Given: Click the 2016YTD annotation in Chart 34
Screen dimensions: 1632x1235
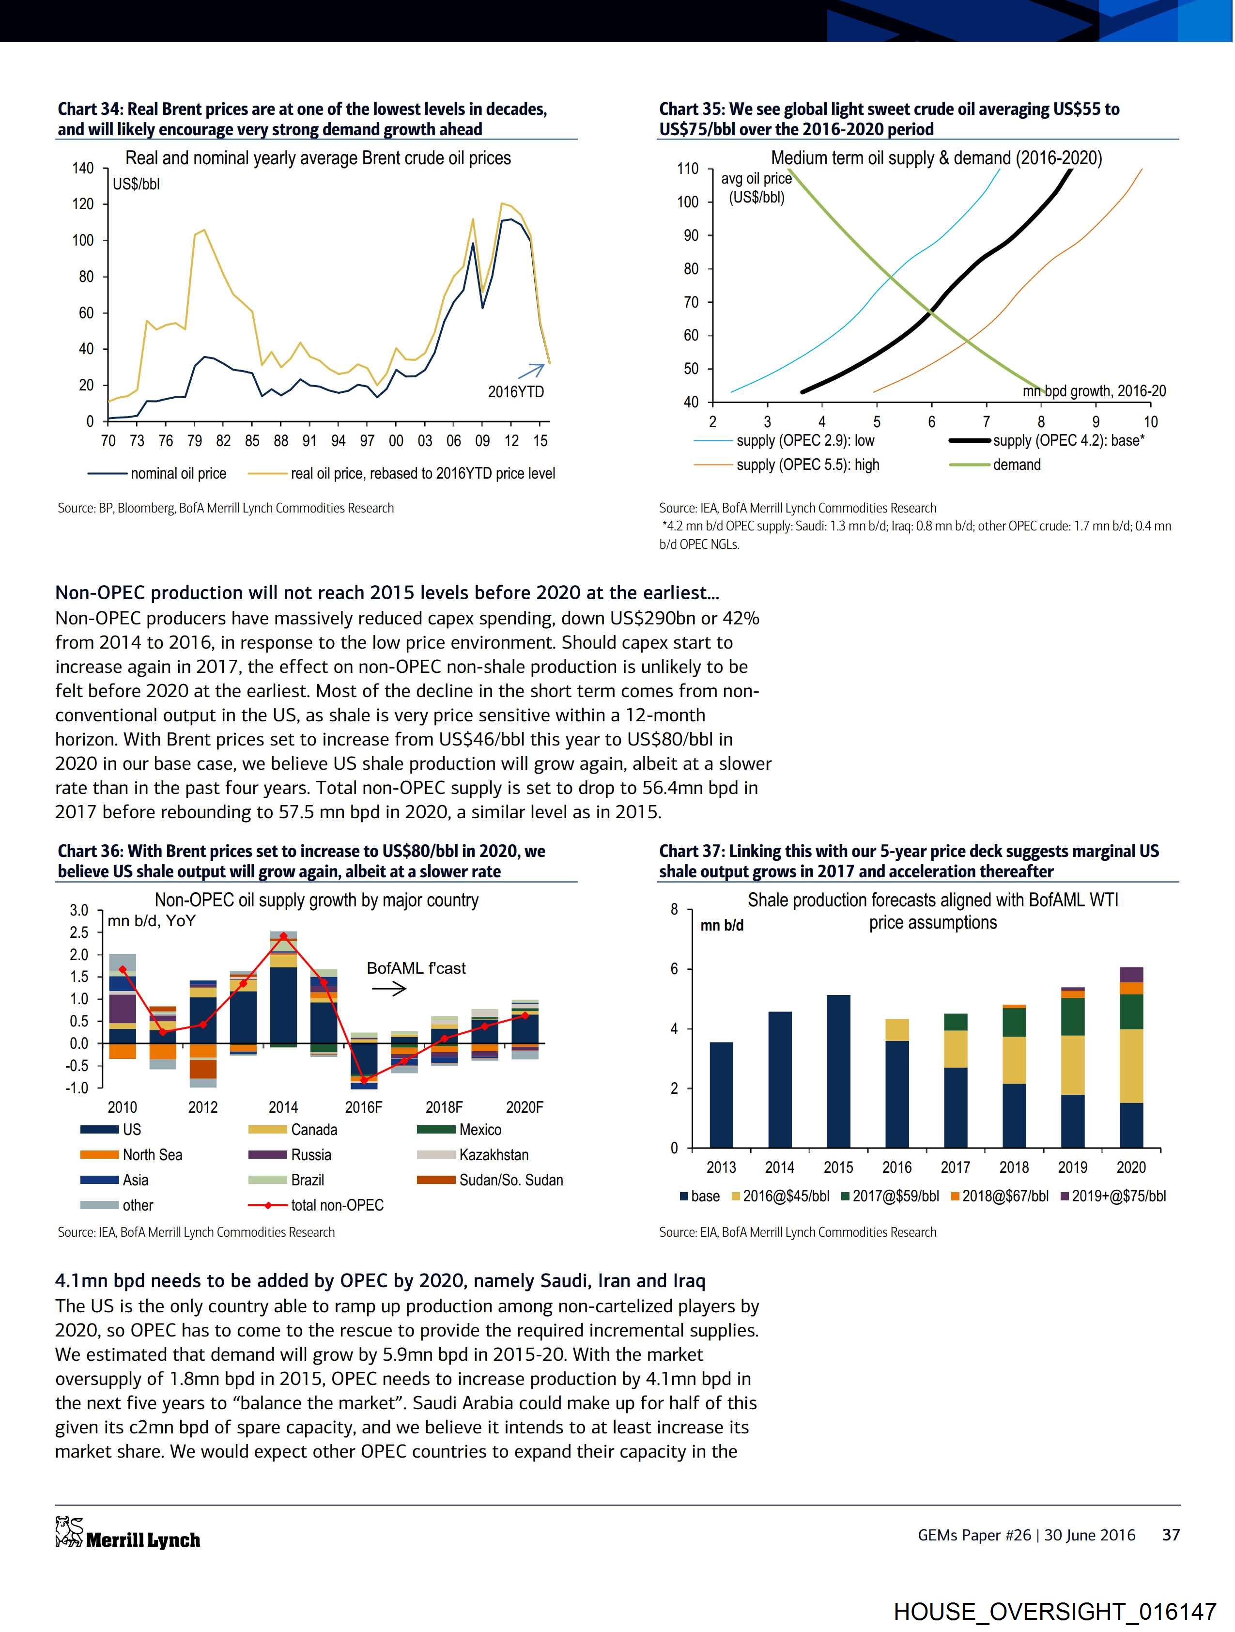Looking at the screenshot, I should click(x=516, y=392).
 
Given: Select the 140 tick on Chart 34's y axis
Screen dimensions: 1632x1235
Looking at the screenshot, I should click(x=83, y=168).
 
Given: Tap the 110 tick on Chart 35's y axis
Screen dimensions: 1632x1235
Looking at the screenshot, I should click(x=688, y=169).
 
